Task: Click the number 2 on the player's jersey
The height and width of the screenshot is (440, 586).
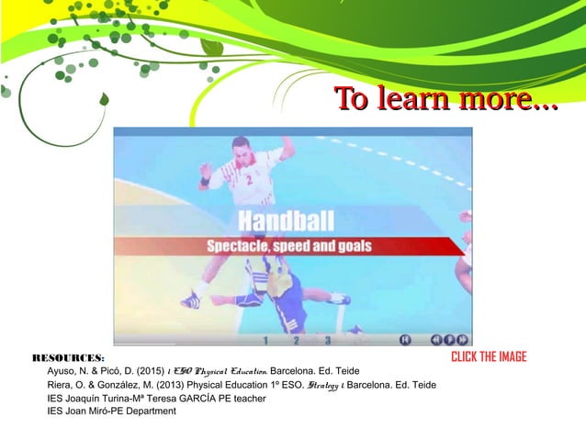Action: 248,180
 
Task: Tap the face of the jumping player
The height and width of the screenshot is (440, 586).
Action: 240,147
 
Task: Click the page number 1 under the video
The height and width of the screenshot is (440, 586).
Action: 265,340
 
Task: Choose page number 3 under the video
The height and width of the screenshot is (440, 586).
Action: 326,340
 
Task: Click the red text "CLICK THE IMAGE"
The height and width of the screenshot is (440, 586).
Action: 489,357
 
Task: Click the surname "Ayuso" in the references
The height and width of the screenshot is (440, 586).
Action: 62,370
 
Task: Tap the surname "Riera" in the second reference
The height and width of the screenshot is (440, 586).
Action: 61,384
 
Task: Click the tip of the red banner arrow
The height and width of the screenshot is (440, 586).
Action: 466,246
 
